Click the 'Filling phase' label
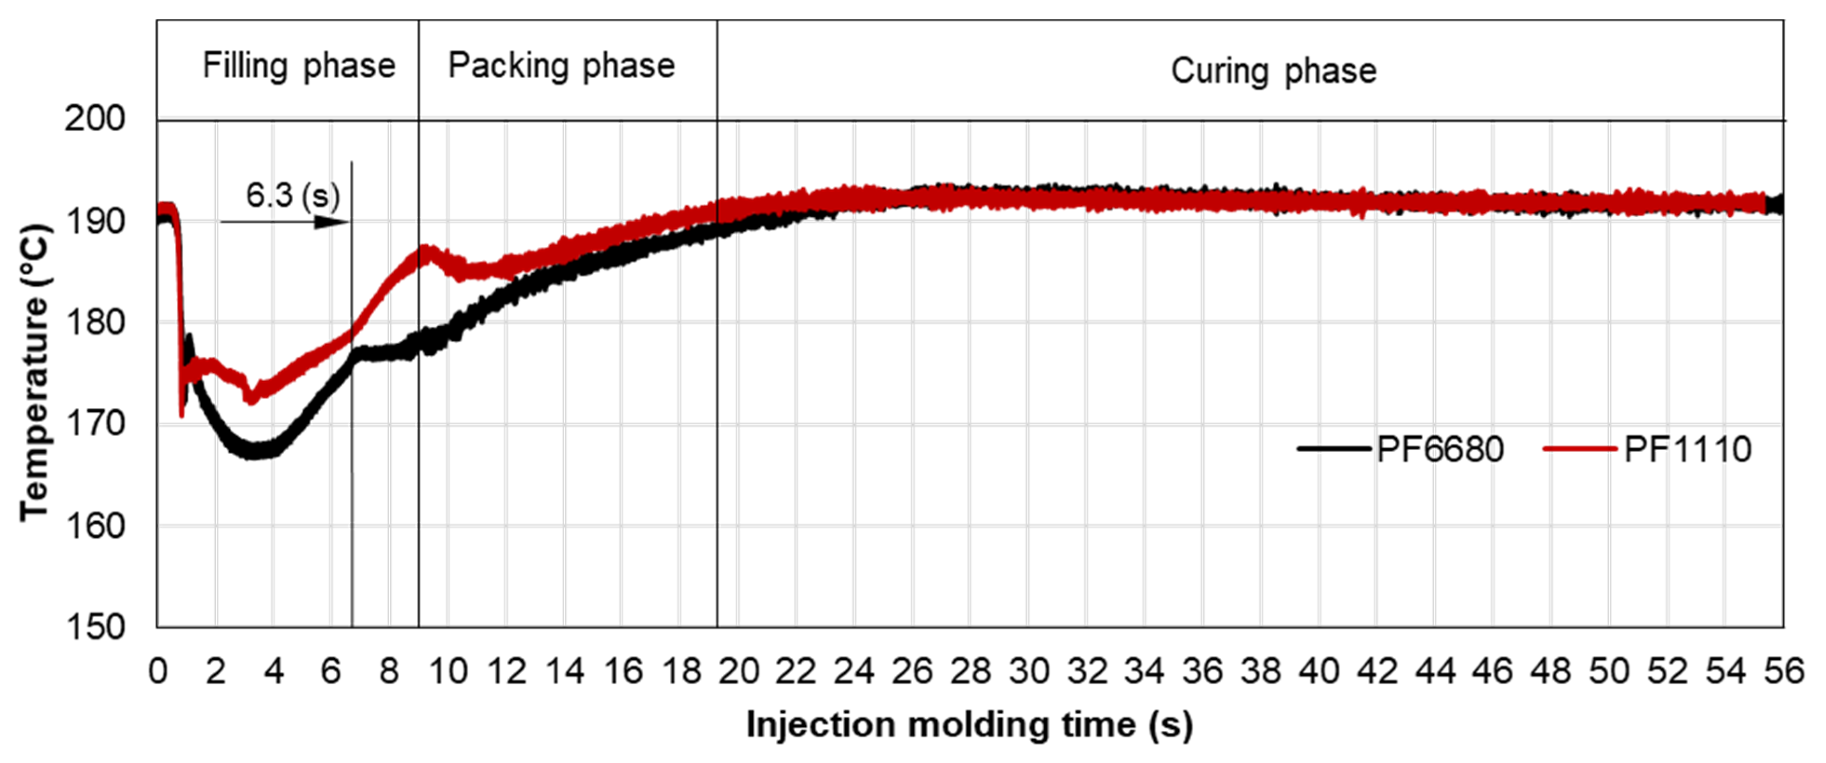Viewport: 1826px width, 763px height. pyautogui.click(x=298, y=66)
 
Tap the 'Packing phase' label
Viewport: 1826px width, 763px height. pyautogui.click(x=562, y=66)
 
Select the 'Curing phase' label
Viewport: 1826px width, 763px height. pyautogui.click(x=1273, y=71)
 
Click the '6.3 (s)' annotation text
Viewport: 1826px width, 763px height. pyautogui.click(x=292, y=195)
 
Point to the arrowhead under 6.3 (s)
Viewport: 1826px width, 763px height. pyautogui.click(x=332, y=222)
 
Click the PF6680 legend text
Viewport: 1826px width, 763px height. pyautogui.click(x=1440, y=450)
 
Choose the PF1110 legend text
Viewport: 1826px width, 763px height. pyautogui.click(x=1687, y=450)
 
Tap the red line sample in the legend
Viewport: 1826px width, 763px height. pyautogui.click(x=1579, y=449)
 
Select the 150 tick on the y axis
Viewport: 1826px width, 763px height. pyautogui.click(x=94, y=627)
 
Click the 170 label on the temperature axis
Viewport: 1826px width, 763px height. pyautogui.click(x=94, y=424)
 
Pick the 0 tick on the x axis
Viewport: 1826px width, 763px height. pyautogui.click(x=157, y=671)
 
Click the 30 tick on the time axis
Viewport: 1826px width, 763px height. pyautogui.click(x=1029, y=671)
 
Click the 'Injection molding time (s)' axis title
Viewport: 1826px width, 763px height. pyautogui.click(x=969, y=725)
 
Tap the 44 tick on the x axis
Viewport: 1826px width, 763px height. pyautogui.click(x=1435, y=671)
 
